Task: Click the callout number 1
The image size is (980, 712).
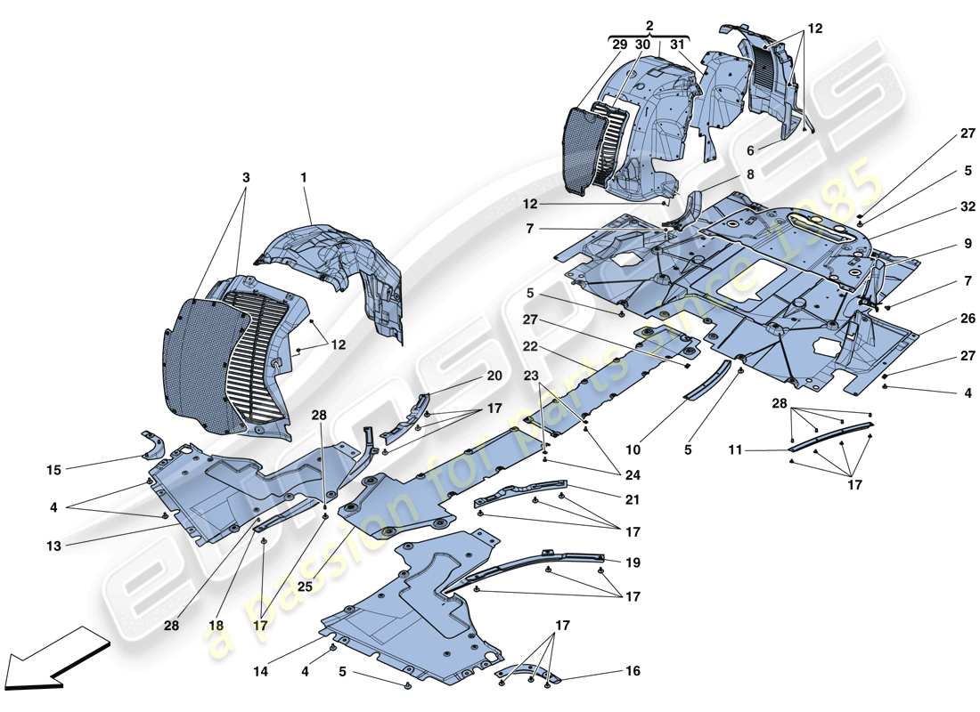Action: pyautogui.click(x=303, y=178)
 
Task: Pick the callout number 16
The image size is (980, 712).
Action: pyautogui.click(x=633, y=671)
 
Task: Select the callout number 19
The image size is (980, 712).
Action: pyautogui.click(x=633, y=562)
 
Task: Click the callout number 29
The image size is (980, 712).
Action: pyautogui.click(x=619, y=44)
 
